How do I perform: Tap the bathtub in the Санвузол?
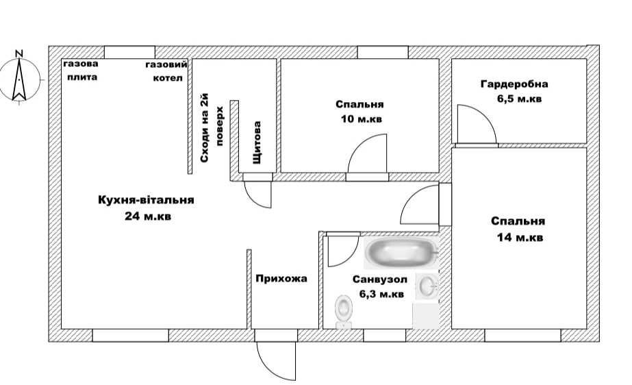pos(401,252)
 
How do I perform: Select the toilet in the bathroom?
pos(344,311)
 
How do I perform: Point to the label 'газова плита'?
pos(81,70)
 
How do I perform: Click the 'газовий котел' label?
pos(167,71)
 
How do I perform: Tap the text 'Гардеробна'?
pos(514,84)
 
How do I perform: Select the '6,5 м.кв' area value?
pos(519,99)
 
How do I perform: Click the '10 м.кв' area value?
pos(361,119)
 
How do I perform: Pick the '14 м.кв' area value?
pos(520,237)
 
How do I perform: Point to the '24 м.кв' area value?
pos(148,216)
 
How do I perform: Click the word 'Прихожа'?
pos(281,279)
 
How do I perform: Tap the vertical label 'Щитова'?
pos(257,142)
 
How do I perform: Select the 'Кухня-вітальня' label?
pos(146,200)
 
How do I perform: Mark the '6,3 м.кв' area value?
pos(381,295)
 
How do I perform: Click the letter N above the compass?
pos(19,53)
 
